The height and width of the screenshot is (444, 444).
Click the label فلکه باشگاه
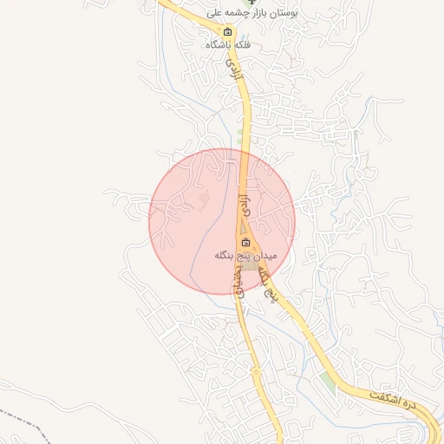click(x=228, y=44)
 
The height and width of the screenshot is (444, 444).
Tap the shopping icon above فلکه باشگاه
click(x=227, y=32)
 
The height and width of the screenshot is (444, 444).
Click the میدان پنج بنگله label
click(x=245, y=257)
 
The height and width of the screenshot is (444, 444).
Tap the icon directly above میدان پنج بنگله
click(x=245, y=243)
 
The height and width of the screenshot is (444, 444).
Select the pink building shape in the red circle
click(x=205, y=201)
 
